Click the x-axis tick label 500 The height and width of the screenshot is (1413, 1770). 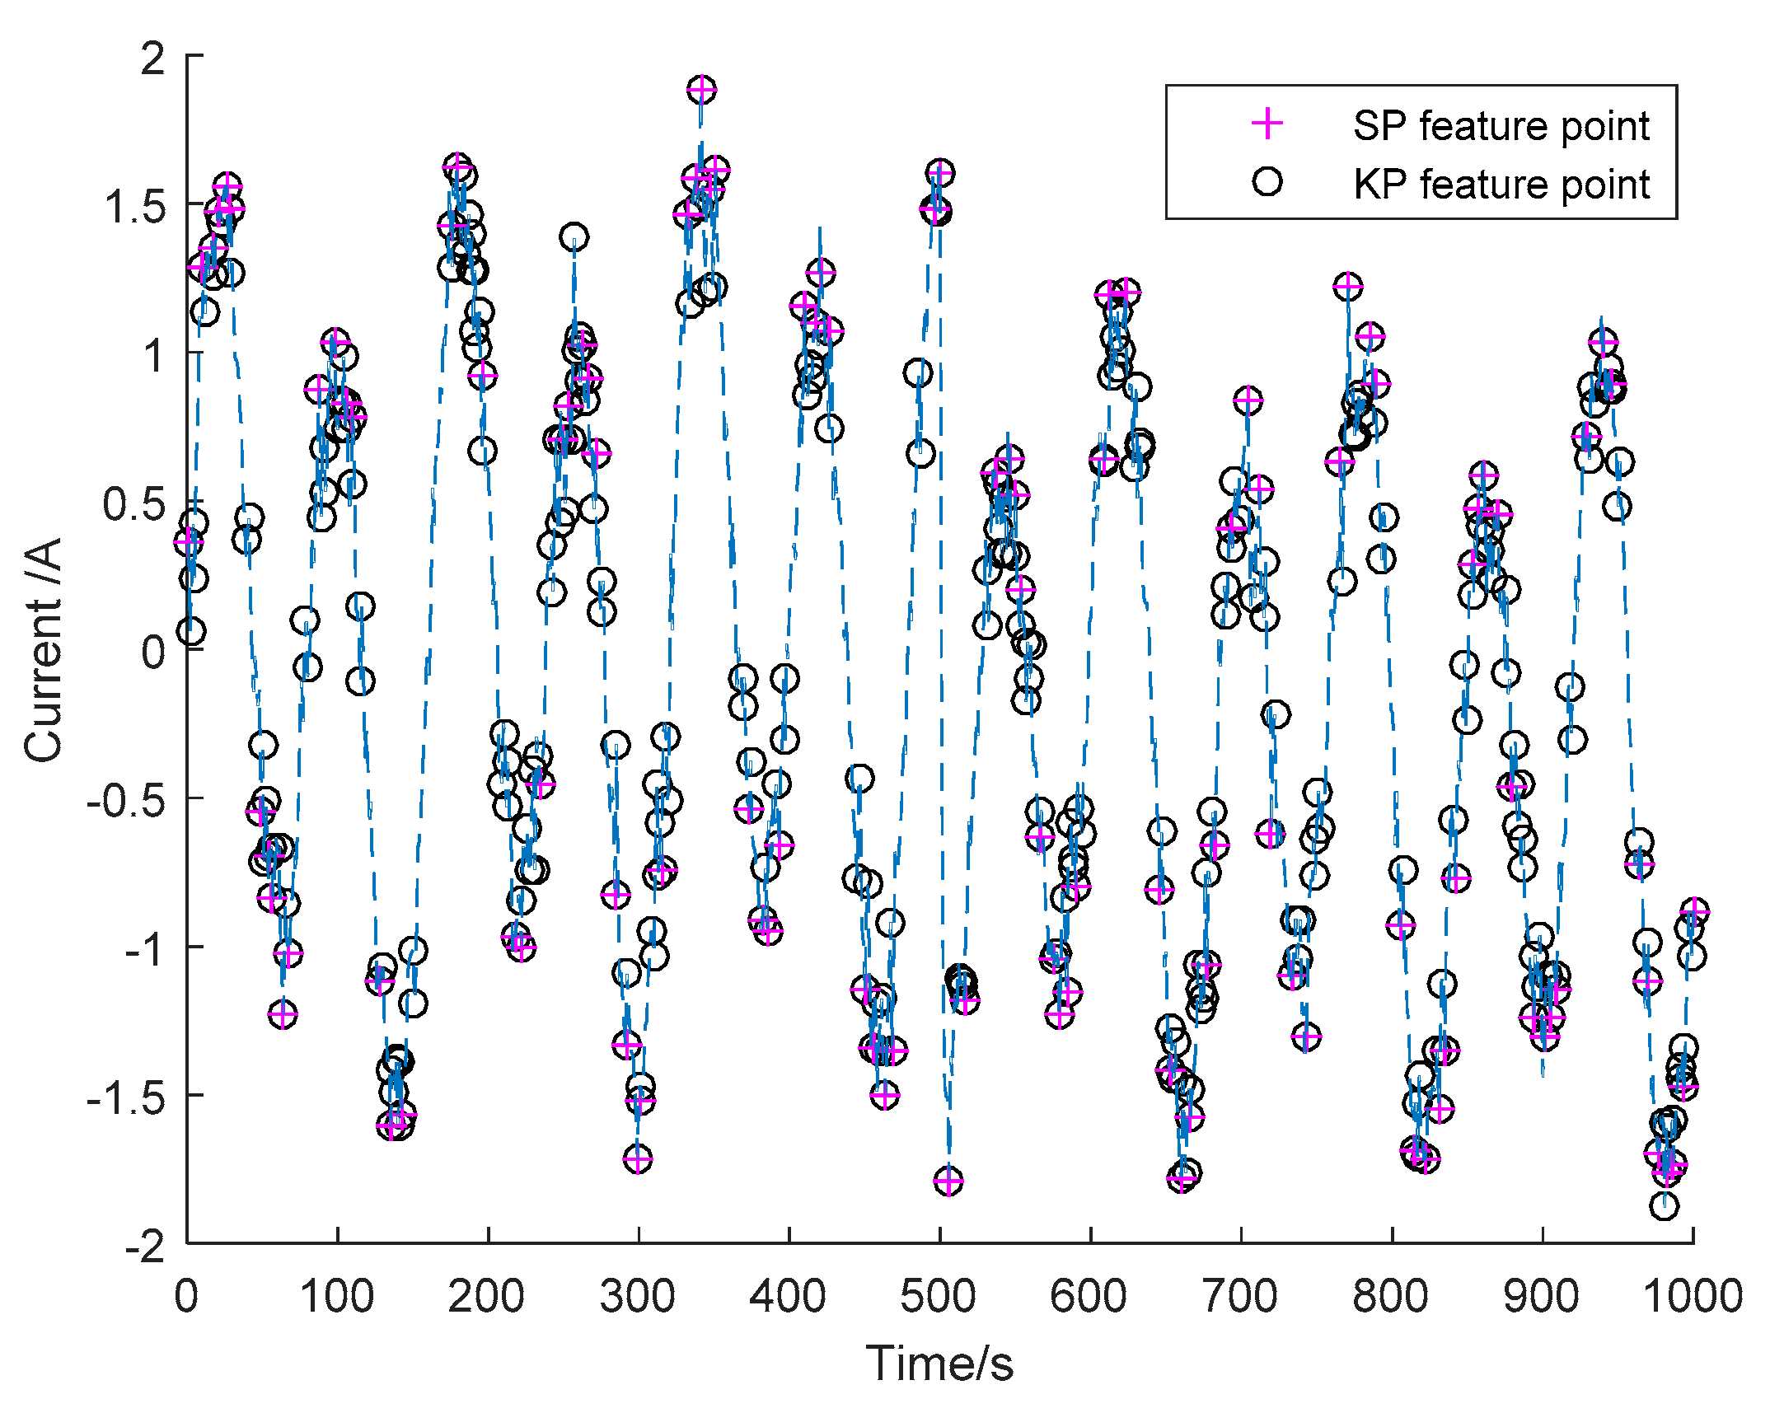[x=938, y=1297]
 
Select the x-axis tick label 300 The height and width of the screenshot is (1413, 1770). [x=637, y=1297]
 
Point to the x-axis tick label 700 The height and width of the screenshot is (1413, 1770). [x=1239, y=1297]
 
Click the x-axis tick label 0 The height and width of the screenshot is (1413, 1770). [x=187, y=1297]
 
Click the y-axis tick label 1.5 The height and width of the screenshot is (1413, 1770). [x=135, y=206]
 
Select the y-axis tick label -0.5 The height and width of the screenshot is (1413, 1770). [x=127, y=800]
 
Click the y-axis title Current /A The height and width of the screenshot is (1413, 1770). [x=43, y=650]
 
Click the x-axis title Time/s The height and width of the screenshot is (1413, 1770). [x=939, y=1364]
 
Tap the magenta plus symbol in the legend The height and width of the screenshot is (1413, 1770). [x=1267, y=124]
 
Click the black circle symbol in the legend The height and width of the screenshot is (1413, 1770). [x=1267, y=181]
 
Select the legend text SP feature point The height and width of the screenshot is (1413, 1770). [x=1501, y=126]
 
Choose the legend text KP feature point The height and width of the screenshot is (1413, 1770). [x=1501, y=184]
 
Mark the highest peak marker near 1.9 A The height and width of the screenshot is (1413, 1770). [x=701, y=90]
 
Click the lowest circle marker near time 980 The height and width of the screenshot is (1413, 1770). [x=1664, y=1206]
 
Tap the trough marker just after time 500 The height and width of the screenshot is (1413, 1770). [x=948, y=1181]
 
